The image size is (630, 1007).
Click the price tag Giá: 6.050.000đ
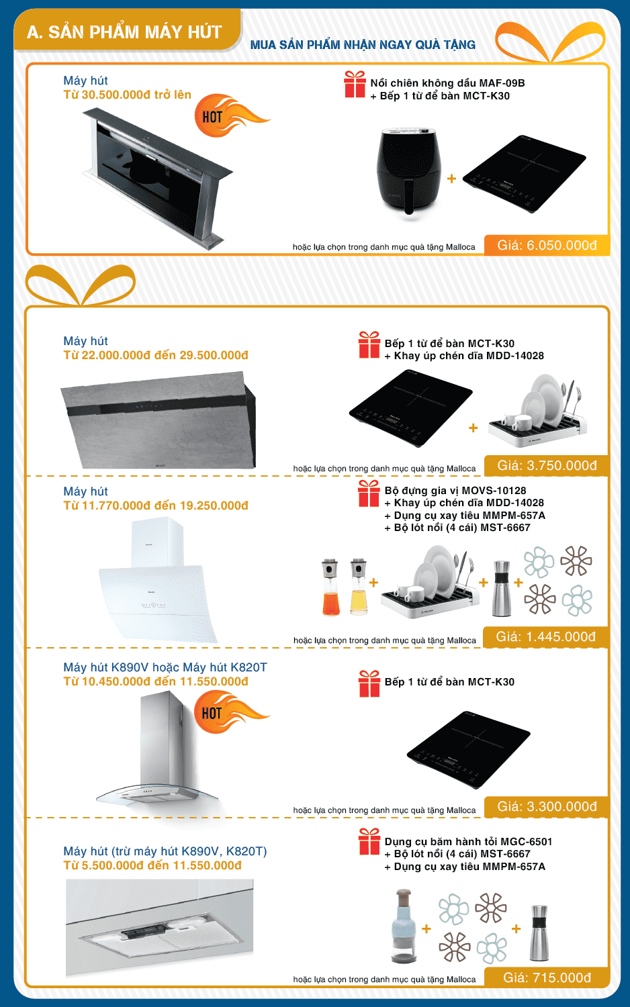547,246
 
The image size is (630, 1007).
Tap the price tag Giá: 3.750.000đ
547,465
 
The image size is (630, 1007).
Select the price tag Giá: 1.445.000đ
546,636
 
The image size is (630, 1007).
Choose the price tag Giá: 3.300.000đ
547,806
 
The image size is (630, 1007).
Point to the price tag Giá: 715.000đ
547,977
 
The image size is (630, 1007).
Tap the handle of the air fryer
409,197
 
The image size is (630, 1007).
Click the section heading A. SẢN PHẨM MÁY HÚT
124,32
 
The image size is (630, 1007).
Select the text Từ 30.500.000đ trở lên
127,95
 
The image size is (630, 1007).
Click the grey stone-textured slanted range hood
159,420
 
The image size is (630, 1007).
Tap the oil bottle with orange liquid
330,587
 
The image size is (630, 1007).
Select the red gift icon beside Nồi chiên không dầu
355,84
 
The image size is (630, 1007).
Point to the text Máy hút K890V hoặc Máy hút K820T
165,667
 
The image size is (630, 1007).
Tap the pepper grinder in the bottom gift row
539,933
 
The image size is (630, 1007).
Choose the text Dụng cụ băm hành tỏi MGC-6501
468,842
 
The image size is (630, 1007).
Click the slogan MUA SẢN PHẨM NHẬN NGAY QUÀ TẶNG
363,45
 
